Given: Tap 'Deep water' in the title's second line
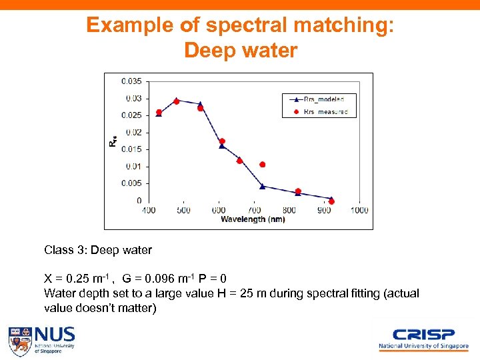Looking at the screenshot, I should (x=240, y=51).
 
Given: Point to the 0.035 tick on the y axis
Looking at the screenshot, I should (x=131, y=81).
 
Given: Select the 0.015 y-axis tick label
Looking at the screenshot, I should (x=131, y=149).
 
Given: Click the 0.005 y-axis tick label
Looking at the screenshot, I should (x=131, y=183).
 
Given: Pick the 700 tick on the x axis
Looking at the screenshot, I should (x=254, y=211).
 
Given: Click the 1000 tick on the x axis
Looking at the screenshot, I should (x=359, y=211).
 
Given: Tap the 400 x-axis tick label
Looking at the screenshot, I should (x=148, y=211).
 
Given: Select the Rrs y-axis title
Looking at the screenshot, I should (x=113, y=141).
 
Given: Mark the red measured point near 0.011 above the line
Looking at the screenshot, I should (x=263, y=164).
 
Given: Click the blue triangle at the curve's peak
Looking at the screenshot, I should (x=177, y=101).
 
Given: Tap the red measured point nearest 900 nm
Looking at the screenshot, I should (x=332, y=201).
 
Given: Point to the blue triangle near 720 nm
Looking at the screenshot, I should (x=263, y=186).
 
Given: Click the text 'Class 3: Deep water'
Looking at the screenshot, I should (x=98, y=251).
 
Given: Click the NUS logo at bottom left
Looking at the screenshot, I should (x=41, y=341).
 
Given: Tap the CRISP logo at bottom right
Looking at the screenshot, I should (x=423, y=339).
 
